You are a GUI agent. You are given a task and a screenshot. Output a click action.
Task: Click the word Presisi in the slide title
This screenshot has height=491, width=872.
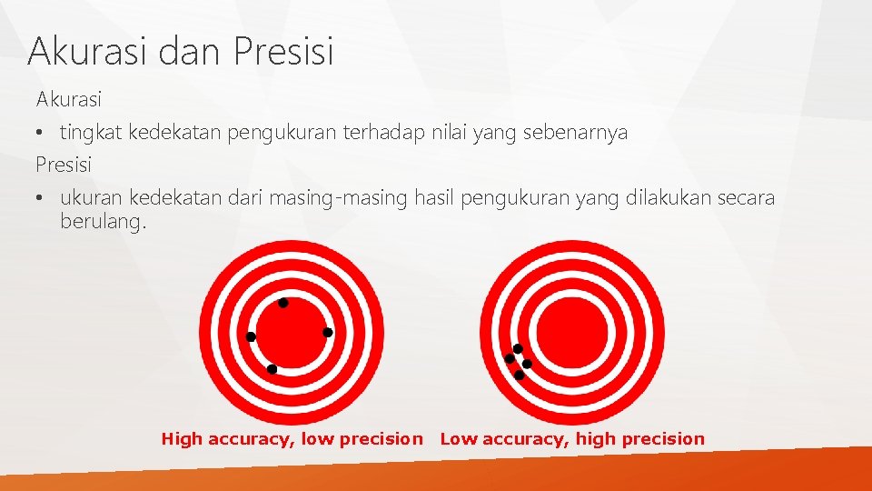click(x=283, y=51)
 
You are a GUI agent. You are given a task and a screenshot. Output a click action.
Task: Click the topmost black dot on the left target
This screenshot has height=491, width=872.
click(x=283, y=303)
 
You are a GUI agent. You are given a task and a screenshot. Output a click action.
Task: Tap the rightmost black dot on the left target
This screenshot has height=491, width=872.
click(x=328, y=333)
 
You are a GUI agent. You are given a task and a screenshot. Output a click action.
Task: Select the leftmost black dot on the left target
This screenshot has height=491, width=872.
click(x=252, y=337)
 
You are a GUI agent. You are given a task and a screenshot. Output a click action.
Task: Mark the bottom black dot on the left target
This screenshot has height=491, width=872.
click(x=272, y=369)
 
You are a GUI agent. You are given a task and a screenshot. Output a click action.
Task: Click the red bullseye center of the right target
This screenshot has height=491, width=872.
click(x=572, y=332)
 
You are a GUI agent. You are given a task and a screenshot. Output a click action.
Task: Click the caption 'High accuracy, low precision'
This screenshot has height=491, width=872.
click(x=292, y=439)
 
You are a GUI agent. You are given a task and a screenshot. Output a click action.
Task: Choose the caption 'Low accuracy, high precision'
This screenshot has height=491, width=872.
click(x=572, y=439)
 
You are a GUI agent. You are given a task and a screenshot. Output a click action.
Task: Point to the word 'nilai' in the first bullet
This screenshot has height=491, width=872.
click(x=445, y=133)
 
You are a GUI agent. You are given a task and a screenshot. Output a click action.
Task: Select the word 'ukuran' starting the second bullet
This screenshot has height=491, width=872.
click(x=92, y=198)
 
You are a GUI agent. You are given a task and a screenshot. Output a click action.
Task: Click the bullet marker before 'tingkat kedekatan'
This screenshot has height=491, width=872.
click(x=41, y=134)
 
